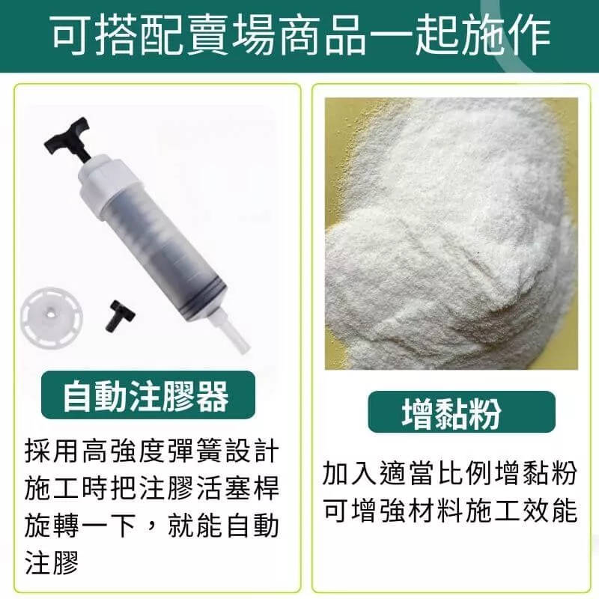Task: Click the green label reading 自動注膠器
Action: (x=148, y=395)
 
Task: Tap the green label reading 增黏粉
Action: (x=461, y=412)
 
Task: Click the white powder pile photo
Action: (x=451, y=234)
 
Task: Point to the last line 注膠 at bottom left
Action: (x=52, y=563)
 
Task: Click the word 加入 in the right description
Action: (x=350, y=474)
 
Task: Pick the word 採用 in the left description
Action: (x=52, y=452)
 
